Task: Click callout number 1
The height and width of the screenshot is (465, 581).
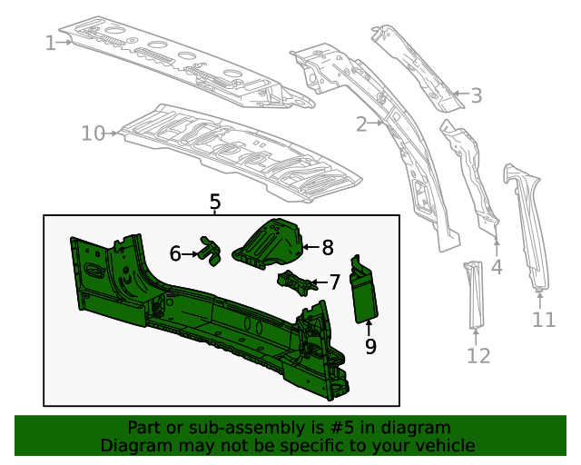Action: (51, 42)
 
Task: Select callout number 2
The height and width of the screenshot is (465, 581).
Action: (361, 124)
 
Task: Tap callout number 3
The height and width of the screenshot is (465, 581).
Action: (476, 94)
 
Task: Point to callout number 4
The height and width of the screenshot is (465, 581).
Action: (497, 267)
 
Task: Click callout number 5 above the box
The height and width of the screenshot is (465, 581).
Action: (215, 202)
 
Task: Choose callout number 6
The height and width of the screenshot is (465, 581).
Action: (176, 254)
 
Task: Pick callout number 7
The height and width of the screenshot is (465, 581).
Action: (334, 282)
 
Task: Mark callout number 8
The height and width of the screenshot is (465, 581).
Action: (328, 246)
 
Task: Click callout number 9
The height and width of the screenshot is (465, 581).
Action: (370, 345)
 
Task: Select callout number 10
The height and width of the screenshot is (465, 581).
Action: (94, 134)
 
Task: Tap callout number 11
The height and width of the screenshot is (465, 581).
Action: (543, 319)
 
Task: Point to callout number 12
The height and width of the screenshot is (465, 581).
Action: (478, 355)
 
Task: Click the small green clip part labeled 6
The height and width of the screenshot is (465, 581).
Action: (211, 252)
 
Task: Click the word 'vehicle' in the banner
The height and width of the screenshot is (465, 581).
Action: (443, 446)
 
